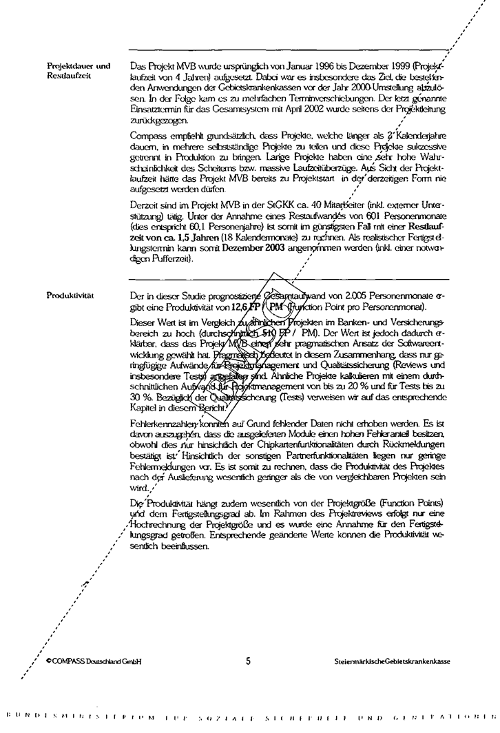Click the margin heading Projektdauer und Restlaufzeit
pyautogui.click(x=78, y=70)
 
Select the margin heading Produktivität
pyautogui.click(x=70, y=295)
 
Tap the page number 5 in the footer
pyautogui.click(x=247, y=661)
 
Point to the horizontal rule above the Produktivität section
pyautogui.click(x=289, y=278)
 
